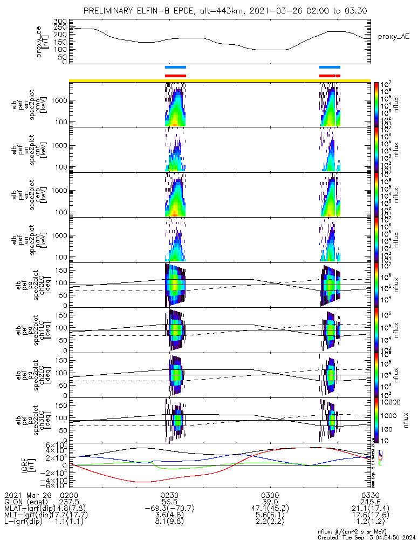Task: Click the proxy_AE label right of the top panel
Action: point(394,37)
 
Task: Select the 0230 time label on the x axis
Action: point(170,494)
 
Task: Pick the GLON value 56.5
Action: point(170,501)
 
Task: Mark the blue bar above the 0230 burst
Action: point(175,67)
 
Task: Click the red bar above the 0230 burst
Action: point(175,76)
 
